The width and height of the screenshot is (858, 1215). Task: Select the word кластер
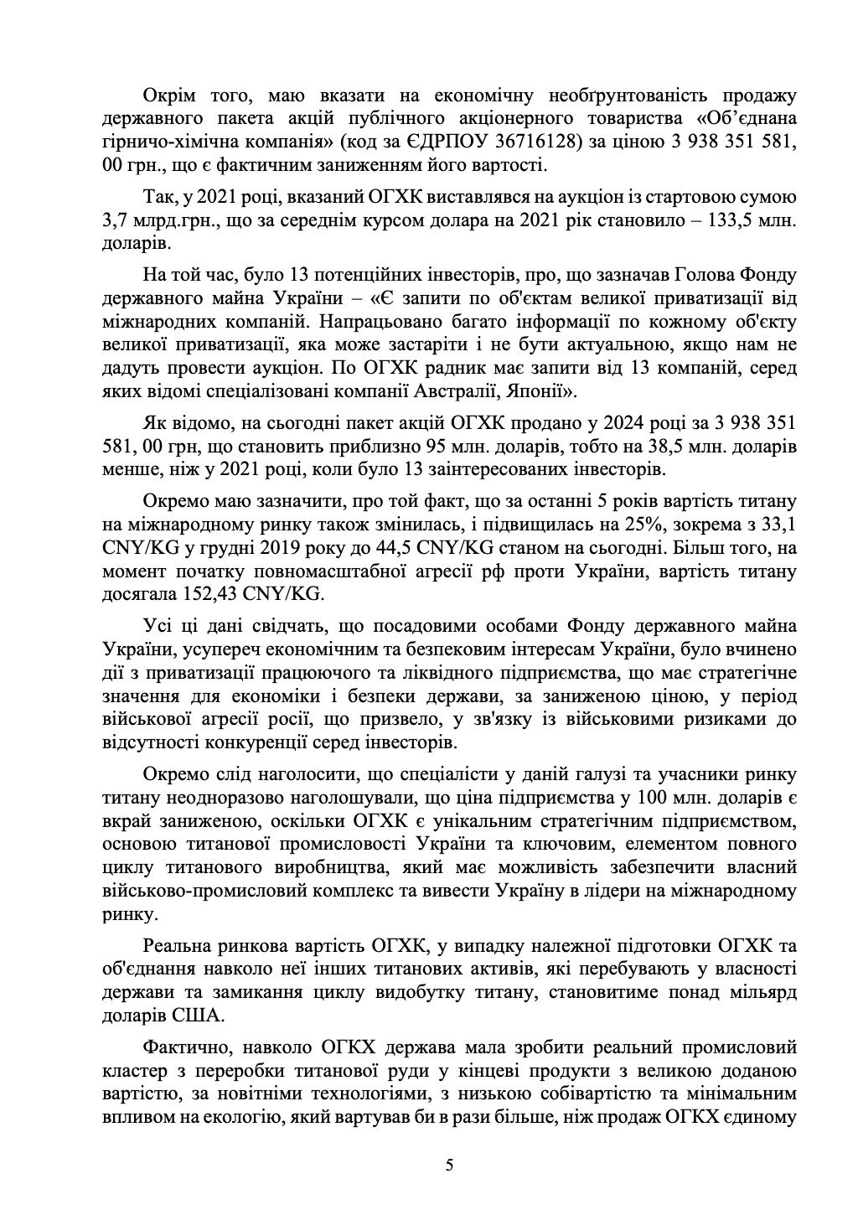[131, 1070]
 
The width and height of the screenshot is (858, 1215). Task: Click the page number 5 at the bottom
[450, 1166]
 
